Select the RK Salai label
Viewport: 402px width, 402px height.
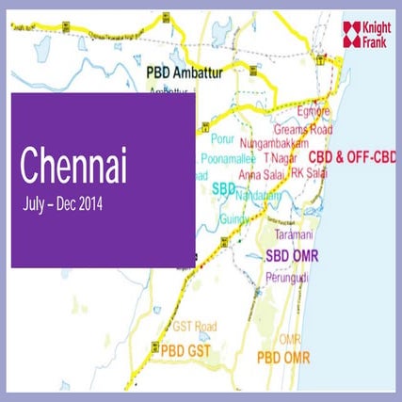pyautogui.click(x=311, y=173)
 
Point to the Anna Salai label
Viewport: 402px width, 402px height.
pyautogui.click(x=265, y=173)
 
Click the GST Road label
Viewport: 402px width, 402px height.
pyautogui.click(x=195, y=326)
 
